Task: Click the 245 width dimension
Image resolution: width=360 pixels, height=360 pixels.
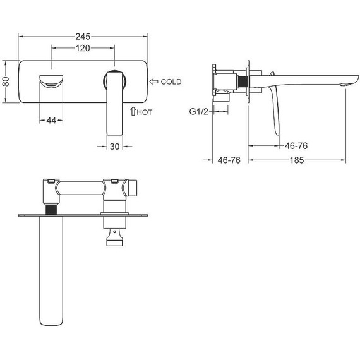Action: (83, 37)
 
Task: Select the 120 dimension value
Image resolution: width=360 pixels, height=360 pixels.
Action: (83, 48)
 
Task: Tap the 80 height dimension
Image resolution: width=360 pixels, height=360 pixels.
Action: (6, 81)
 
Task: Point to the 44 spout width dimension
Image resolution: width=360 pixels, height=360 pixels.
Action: (51, 120)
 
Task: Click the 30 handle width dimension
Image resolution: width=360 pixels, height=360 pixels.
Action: (114, 147)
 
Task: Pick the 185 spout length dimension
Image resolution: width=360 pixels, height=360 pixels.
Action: (297, 160)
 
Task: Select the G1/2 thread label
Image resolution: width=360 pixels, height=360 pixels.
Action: (198, 112)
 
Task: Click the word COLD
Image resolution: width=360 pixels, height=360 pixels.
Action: (171, 81)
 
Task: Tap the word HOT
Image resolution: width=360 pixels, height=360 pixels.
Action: (145, 112)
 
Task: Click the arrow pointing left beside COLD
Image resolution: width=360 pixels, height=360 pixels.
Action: (153, 81)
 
